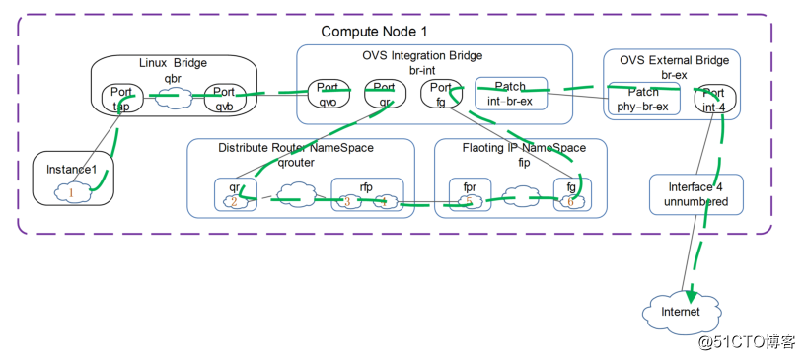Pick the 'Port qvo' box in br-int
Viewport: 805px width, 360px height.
328,95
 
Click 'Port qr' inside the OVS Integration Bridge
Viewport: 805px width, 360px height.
384,95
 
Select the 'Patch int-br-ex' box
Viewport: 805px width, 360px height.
510,94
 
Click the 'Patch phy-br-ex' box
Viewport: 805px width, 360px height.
643,98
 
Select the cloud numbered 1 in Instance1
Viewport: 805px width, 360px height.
72,193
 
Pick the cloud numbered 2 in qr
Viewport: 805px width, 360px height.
234,202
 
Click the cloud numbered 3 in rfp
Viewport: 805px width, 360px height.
347,202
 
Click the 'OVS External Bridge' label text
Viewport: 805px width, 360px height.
674,60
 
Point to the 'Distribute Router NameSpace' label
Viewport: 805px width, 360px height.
295,148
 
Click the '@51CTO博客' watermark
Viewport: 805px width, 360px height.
747,341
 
